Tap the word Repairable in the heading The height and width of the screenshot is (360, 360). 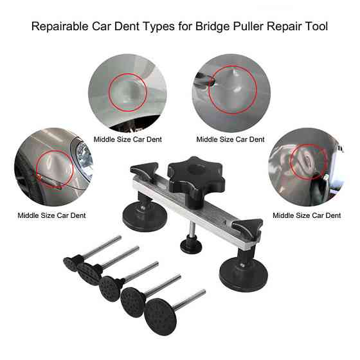[x=60, y=26]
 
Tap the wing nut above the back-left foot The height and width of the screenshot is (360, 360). [x=144, y=170]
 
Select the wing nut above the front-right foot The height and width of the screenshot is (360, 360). [x=247, y=227]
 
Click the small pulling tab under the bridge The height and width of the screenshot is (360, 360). [x=191, y=246]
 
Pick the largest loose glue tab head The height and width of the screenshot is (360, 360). [x=160, y=317]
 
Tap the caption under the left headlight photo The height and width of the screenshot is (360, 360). [x=51, y=215]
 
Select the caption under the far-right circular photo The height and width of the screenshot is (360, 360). [x=307, y=215]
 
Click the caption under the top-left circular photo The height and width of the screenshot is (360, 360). [x=128, y=139]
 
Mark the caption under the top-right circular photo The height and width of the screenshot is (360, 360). [x=231, y=139]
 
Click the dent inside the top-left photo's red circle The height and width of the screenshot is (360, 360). [x=129, y=92]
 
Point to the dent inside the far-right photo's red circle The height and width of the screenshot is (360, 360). [x=307, y=158]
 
